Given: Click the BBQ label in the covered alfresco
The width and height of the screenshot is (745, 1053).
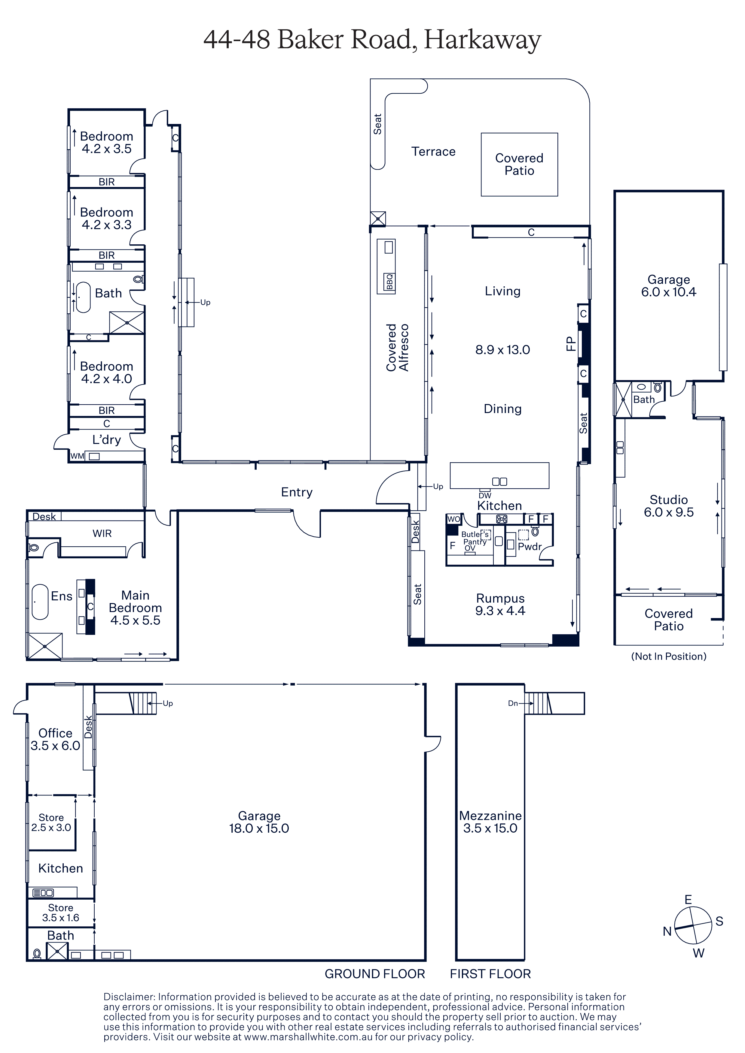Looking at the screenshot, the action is [390, 282].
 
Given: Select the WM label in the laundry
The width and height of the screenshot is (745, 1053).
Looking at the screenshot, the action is [77, 456].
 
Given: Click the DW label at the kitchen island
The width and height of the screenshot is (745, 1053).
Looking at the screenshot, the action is [485, 495].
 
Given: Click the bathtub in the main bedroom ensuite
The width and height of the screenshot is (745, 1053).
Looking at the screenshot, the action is [40, 602].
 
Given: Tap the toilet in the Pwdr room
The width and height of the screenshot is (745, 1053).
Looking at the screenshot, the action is [535, 532].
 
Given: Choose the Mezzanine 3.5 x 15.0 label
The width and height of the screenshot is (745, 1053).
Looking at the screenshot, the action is [490, 822].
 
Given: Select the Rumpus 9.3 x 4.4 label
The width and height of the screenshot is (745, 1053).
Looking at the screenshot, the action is [500, 605].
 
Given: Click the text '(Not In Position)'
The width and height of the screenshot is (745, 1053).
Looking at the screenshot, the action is [669, 656].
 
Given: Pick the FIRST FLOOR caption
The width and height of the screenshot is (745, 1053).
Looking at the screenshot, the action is [490, 974].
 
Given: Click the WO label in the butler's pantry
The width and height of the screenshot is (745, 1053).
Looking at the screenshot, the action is [453, 519].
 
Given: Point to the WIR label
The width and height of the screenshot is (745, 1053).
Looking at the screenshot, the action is [102, 533].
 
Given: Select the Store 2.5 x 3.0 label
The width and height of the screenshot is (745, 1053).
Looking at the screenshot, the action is [51, 823].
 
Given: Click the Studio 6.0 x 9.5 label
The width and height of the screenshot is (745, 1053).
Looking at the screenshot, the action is [669, 506].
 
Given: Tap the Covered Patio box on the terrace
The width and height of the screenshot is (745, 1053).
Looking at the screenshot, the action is [519, 165].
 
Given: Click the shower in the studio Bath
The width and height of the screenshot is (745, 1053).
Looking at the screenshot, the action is [623, 400].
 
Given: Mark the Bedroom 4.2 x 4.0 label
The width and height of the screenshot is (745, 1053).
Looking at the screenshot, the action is [106, 373].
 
